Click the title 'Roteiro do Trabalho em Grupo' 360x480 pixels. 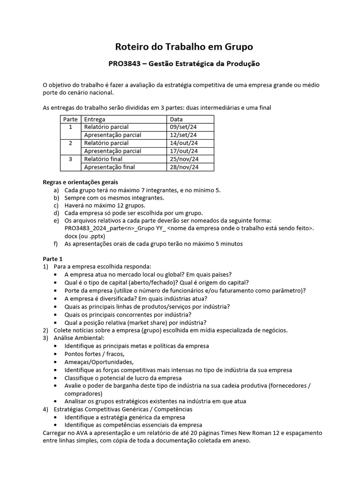pos(184,47)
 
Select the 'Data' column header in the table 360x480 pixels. pos(176,119)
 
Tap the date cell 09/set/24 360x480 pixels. pos(183,127)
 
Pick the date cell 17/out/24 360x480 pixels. pos(184,151)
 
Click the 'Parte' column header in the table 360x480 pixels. pos(70,119)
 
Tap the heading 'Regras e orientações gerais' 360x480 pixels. pos(80,182)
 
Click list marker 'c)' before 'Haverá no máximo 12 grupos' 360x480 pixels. pos(56,205)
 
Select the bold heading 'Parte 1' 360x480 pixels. pos(52,259)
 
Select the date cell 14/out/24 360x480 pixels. pos(184,143)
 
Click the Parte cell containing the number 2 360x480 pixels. pos(70,143)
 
